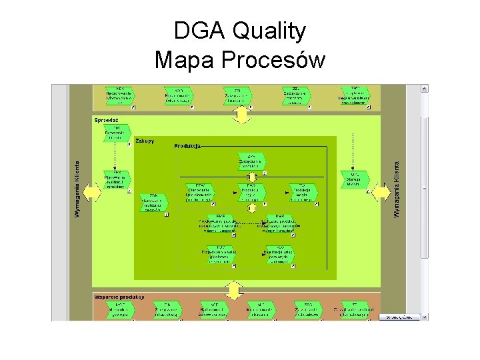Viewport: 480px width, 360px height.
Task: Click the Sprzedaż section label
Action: click(107, 121)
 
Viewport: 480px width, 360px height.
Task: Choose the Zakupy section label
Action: click(145, 141)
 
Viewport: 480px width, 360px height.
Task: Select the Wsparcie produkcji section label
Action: click(119, 297)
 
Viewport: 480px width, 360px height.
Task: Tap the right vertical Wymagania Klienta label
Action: click(397, 189)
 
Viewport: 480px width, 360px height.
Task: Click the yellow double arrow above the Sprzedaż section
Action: click(241, 115)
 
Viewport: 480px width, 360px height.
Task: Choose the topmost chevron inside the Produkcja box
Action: click(251, 161)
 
